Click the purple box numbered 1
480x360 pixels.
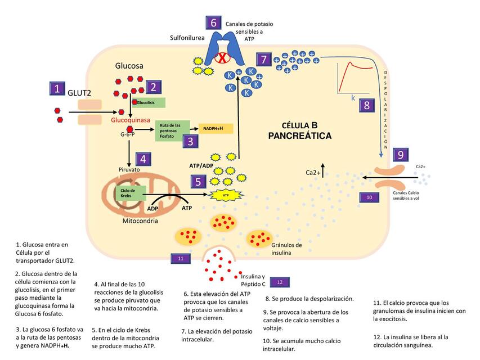click(x=57, y=88)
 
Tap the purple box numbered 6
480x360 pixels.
click(x=213, y=23)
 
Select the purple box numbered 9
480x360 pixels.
click(x=400, y=155)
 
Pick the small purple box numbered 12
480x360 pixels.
click(x=280, y=281)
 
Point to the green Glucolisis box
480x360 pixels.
click(x=149, y=102)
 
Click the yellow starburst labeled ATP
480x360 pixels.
click(x=225, y=195)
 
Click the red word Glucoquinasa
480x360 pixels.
click(x=130, y=120)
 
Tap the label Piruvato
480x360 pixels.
click(x=128, y=169)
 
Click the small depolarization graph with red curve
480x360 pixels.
click(x=355, y=79)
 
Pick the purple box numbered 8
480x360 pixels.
click(x=366, y=105)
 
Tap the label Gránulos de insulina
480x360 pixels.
click(x=286, y=249)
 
